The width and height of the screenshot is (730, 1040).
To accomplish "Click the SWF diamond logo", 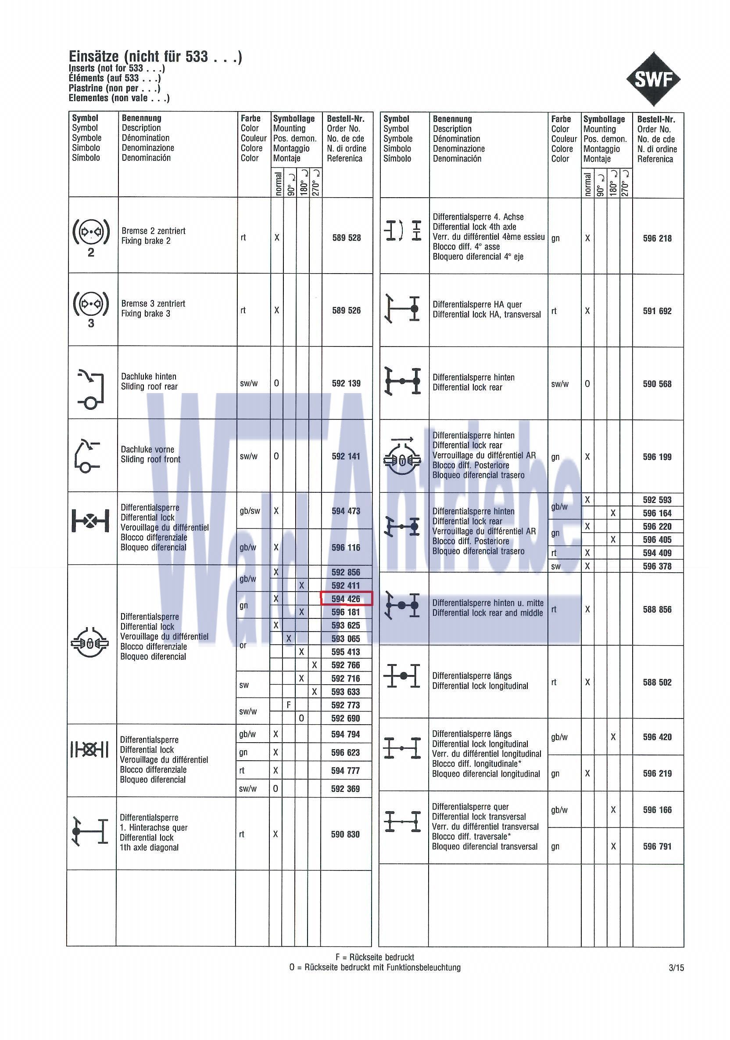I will [x=654, y=79].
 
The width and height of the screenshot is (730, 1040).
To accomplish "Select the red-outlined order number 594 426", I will [x=346, y=598].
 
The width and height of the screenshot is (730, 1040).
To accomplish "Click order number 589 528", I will [x=346, y=237].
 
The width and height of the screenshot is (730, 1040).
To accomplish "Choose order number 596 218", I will [x=657, y=238].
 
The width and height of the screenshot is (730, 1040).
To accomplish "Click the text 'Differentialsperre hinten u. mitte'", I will [x=487, y=603].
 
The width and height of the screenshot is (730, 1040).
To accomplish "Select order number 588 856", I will [x=657, y=609].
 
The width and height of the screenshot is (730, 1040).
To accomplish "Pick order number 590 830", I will [x=345, y=834].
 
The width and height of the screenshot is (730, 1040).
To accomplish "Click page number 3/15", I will [x=676, y=968].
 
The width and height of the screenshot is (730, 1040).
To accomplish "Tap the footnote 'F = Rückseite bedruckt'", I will [x=375, y=957].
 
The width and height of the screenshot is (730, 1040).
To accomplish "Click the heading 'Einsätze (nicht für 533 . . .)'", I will [x=155, y=57].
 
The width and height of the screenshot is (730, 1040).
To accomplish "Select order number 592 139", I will [x=346, y=383].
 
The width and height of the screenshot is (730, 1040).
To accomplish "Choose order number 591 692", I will [x=657, y=311].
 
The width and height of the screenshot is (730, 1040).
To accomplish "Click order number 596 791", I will [x=657, y=846].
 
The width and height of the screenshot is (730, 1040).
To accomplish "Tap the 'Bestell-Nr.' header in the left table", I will [x=345, y=119].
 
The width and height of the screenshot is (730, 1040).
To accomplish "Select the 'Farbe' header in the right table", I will [x=561, y=119].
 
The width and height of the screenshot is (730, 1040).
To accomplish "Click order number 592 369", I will [x=345, y=789].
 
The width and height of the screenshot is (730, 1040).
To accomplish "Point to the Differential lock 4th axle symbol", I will [x=403, y=231].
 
